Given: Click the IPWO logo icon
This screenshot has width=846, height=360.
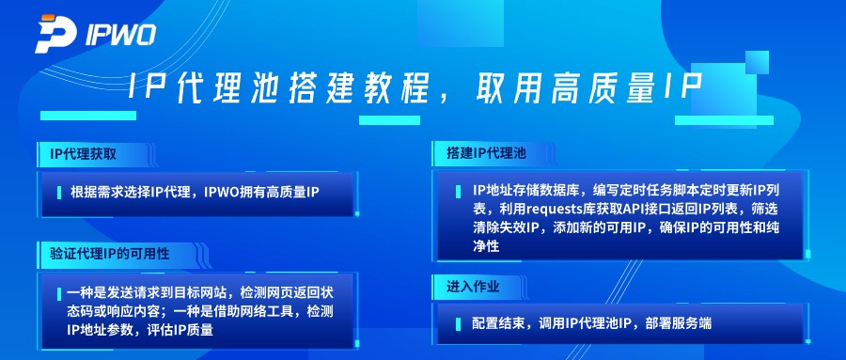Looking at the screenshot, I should (55, 33).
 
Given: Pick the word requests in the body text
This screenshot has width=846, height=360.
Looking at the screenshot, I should (558, 209).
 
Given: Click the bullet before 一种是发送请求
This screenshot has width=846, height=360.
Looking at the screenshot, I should (58, 293).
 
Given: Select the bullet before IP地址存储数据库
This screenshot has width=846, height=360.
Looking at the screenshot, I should (462, 191).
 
